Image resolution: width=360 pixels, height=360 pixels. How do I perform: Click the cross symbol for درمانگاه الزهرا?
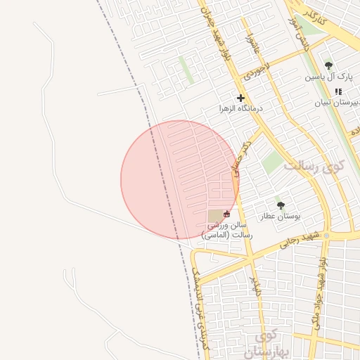click(x=241, y=98)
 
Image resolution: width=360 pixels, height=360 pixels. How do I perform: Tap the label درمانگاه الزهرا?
click(x=240, y=109)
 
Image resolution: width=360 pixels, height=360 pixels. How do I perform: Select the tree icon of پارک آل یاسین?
click(x=328, y=65)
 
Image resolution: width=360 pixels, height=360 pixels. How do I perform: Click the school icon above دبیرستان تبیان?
click(x=339, y=91)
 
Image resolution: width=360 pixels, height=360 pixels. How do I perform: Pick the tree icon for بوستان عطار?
click(x=281, y=206)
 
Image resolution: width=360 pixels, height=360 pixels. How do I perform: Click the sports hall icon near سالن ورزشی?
click(x=226, y=214)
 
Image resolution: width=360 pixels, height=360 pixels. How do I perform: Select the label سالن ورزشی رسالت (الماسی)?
click(x=226, y=230)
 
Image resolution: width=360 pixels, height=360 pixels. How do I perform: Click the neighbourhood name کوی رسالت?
click(x=314, y=167)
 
